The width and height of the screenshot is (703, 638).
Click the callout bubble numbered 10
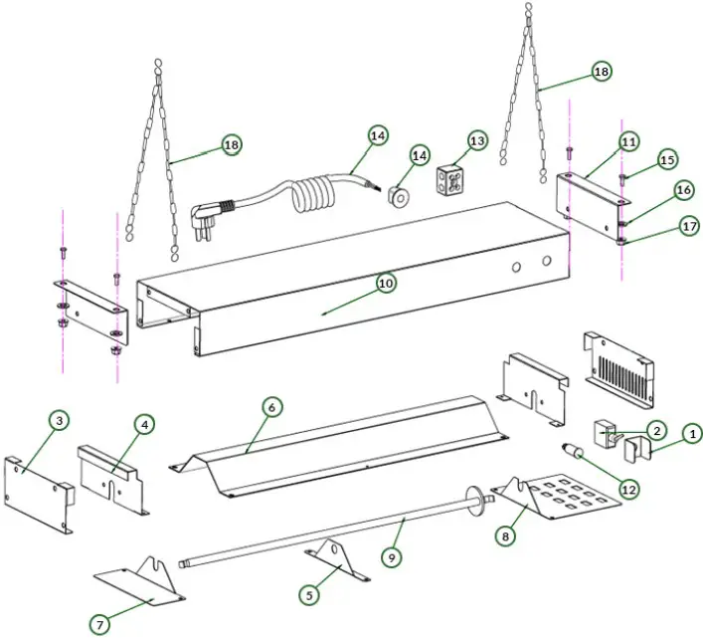coord(386,284)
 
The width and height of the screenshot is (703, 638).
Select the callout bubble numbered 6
coord(270,406)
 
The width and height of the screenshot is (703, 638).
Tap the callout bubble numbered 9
coord(392,558)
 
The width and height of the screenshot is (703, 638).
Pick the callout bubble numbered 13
coord(477,141)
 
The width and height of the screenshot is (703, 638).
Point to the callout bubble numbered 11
coord(627,141)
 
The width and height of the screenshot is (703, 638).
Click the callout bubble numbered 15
coord(667,159)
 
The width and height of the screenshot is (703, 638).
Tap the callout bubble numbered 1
coord(691,433)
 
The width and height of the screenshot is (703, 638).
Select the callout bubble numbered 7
coord(99,624)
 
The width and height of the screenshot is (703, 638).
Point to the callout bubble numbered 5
coord(309,594)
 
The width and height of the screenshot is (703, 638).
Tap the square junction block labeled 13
coord(453,180)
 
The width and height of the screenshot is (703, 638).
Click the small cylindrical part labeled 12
coord(573,451)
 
